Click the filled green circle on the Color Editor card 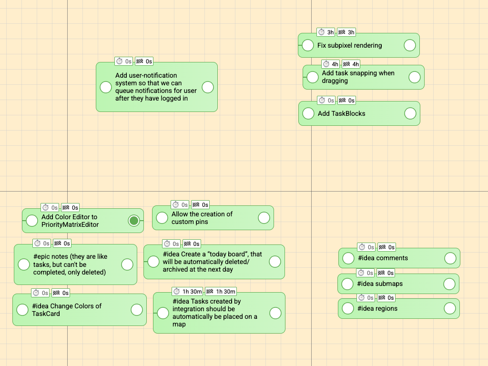coord(134,220)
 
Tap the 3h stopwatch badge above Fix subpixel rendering coord(326,32)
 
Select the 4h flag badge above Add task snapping coord(351,64)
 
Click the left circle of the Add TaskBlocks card coord(309,113)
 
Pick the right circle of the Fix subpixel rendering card coord(409,45)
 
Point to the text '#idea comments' coord(382,258)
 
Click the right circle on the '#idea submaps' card coord(449,284)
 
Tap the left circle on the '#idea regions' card coord(349,308)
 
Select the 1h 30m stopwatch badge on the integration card coord(187,291)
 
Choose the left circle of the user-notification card coord(105,87)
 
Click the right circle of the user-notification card coord(208,87)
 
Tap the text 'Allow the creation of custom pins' coord(202,218)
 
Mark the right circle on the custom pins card coord(264,218)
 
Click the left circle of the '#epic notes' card coord(24,264)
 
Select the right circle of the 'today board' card coord(275,262)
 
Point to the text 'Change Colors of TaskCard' coord(67,310)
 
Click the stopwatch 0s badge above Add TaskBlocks coord(326,101)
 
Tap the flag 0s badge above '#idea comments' coord(386,247)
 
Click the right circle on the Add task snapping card coord(414,77)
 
